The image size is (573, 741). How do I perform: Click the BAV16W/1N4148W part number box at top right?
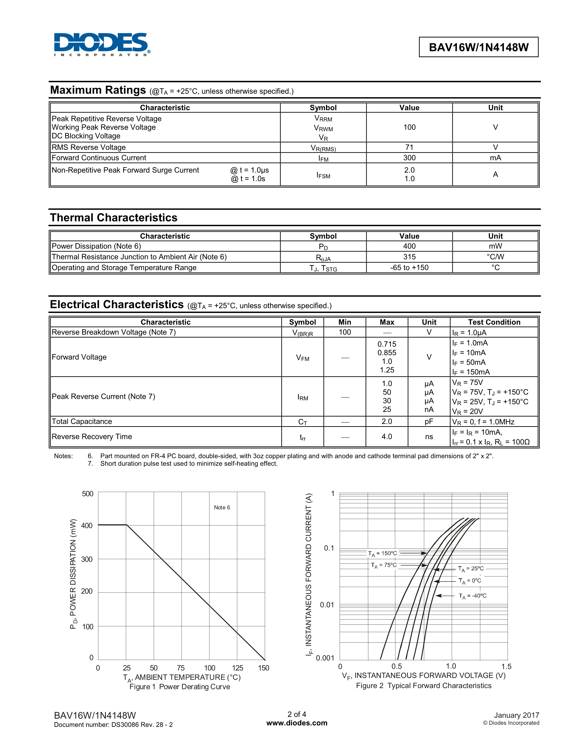[478, 47]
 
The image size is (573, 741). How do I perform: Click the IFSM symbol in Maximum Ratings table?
[323, 175]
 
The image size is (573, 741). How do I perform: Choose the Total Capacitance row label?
[82, 421]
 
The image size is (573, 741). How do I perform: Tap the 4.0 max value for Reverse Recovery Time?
[387, 437]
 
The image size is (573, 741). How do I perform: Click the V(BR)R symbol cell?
[302, 333]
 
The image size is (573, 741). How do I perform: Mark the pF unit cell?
[429, 421]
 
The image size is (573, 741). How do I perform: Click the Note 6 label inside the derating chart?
[222, 507]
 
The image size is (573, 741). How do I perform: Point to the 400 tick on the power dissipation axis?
[87, 526]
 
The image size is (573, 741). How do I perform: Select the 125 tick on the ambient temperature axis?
[237, 668]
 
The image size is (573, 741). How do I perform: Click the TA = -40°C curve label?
[473, 596]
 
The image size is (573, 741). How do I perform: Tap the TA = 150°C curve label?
[383, 553]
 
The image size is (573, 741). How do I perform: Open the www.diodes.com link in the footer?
[297, 723]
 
